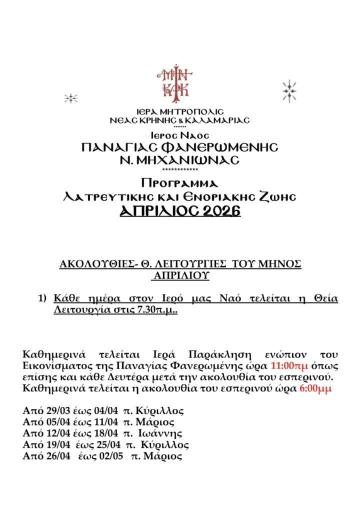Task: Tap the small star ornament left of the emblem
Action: [70, 98]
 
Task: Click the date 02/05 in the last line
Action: [111, 456]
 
